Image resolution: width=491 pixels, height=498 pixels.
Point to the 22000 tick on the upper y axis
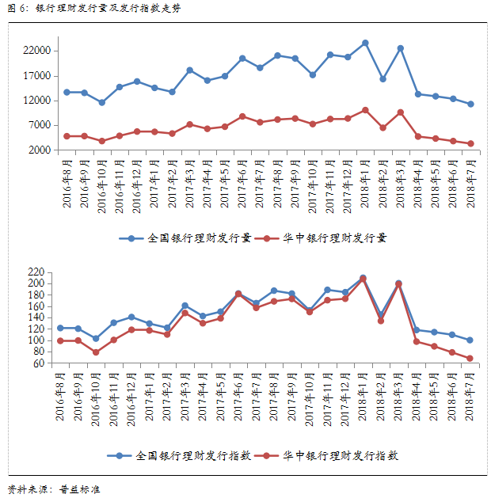coord(39,51)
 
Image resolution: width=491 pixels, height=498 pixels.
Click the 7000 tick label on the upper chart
coord(41,125)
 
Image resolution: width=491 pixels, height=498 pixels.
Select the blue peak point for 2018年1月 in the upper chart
coord(365,43)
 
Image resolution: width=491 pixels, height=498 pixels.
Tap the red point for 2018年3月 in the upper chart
coord(401,112)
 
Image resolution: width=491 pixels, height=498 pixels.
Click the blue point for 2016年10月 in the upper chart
coord(101,103)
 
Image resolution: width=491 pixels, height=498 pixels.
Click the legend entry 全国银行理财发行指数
coord(193,455)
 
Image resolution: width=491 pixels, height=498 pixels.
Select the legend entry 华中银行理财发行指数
coord(341,455)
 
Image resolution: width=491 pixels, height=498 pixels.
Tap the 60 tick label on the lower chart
coord(44,363)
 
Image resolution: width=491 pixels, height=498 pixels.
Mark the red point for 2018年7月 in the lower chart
coord(470,359)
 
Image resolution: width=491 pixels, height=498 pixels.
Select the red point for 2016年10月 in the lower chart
coord(96,352)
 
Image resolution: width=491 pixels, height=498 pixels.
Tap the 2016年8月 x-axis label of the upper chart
coord(67,183)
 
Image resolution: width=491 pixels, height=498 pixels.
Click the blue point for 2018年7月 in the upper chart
coord(470,104)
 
